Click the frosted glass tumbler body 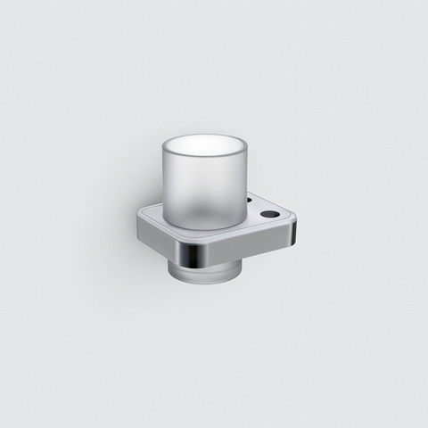(x=203, y=187)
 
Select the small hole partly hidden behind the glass (x=249, y=202)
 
